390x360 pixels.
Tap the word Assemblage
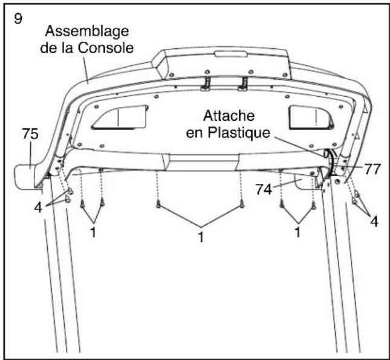tap(85, 31)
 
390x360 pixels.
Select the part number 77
tap(372, 170)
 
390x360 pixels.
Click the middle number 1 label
tap(200, 237)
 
